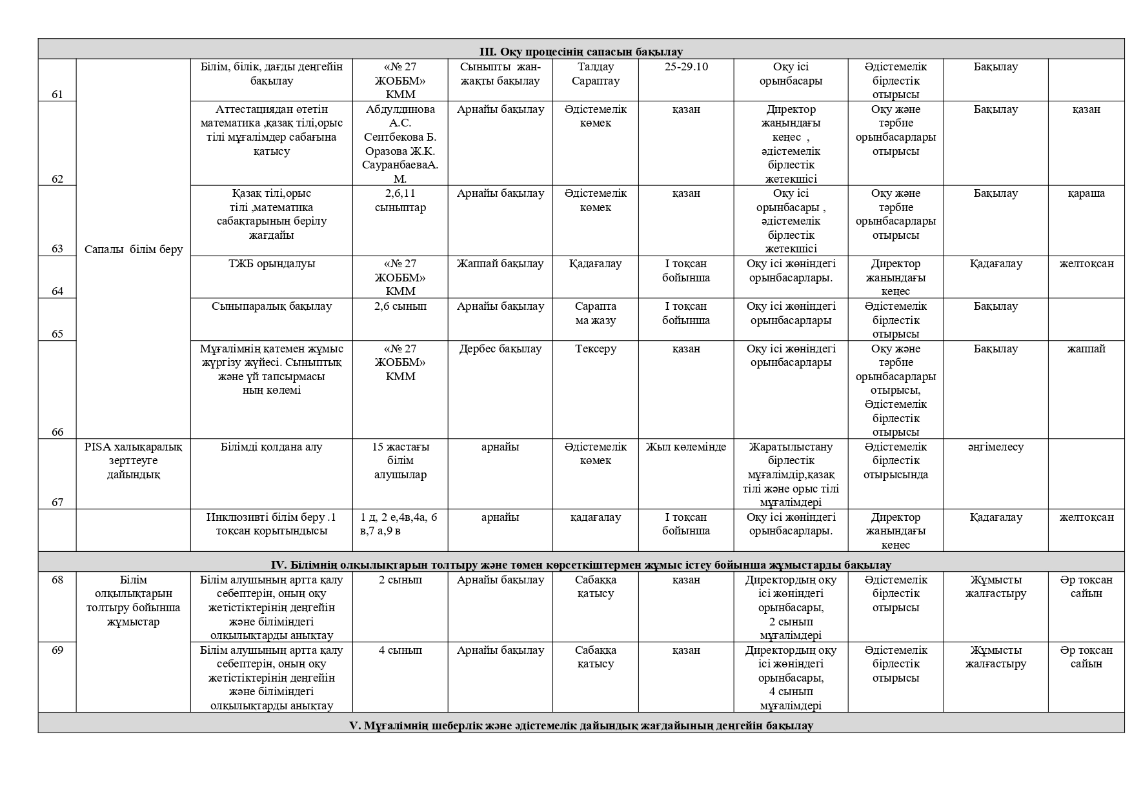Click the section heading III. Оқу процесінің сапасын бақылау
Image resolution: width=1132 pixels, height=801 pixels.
tap(580, 52)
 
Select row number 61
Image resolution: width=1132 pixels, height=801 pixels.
tap(57, 94)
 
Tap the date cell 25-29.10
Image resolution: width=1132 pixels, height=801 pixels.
tap(685, 67)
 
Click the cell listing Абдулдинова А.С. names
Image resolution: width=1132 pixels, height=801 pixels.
tap(400, 144)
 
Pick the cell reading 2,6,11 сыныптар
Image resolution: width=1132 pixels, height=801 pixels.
tap(400, 200)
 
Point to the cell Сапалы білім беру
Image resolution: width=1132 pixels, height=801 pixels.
tap(134, 249)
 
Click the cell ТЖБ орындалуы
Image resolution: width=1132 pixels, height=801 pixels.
tap(271, 264)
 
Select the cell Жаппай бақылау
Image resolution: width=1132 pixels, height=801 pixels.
tap(500, 264)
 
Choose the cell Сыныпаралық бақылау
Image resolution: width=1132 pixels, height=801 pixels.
tap(271, 307)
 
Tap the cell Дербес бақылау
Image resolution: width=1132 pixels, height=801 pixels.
tap(500, 349)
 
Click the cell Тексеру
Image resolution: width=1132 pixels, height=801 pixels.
tap(595, 349)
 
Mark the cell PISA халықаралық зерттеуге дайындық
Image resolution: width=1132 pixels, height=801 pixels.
tap(134, 461)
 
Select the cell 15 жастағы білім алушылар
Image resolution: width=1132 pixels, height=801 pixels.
tap(400, 461)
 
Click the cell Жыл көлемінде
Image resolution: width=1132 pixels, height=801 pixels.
tap(685, 447)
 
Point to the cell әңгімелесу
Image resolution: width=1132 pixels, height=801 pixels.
tap(995, 447)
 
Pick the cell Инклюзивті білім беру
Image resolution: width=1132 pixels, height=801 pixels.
tap(271, 524)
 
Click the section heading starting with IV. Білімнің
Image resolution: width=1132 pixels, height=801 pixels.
tap(580, 565)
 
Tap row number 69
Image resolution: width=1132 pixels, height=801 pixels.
tap(57, 650)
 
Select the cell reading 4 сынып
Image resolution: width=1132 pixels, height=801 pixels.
tap(400, 650)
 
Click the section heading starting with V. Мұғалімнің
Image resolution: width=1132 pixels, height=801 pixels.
tap(580, 725)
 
